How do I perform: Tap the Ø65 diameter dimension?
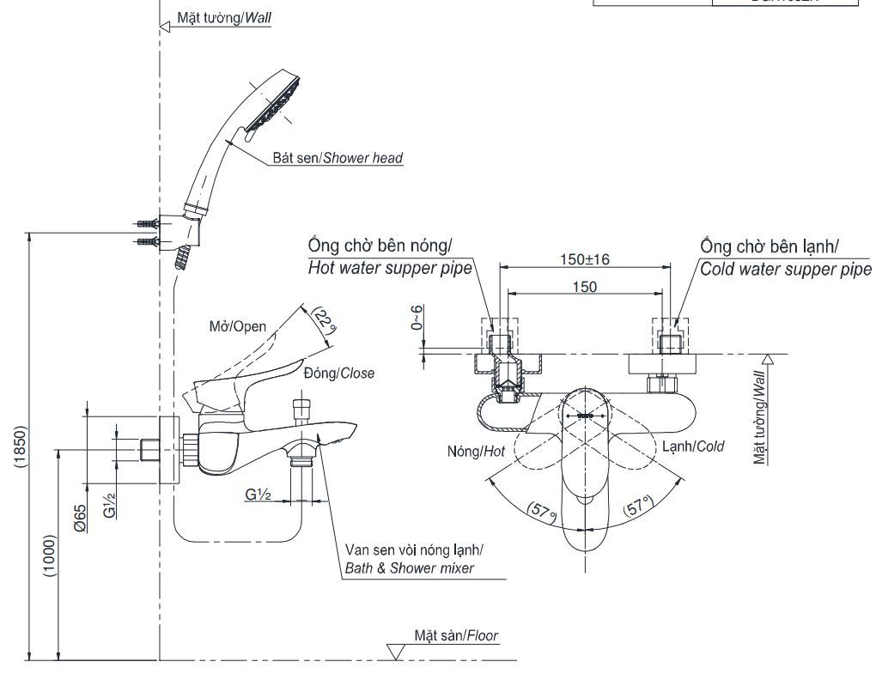pyautogui.click(x=80, y=519)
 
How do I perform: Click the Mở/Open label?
pyautogui.click(x=238, y=326)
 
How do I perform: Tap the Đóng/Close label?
pyautogui.click(x=338, y=373)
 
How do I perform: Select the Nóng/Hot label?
pyautogui.click(x=475, y=451)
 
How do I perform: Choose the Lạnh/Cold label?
pyautogui.click(x=692, y=446)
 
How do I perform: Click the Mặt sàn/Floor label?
pyautogui.click(x=456, y=636)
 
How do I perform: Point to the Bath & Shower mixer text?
pyautogui.click(x=409, y=568)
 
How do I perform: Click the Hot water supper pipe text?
pyautogui.click(x=390, y=268)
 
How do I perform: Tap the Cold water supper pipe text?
pyautogui.click(x=785, y=268)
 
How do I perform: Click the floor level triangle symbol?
pyautogui.click(x=396, y=652)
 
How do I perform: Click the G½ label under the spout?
pyautogui.click(x=258, y=495)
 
